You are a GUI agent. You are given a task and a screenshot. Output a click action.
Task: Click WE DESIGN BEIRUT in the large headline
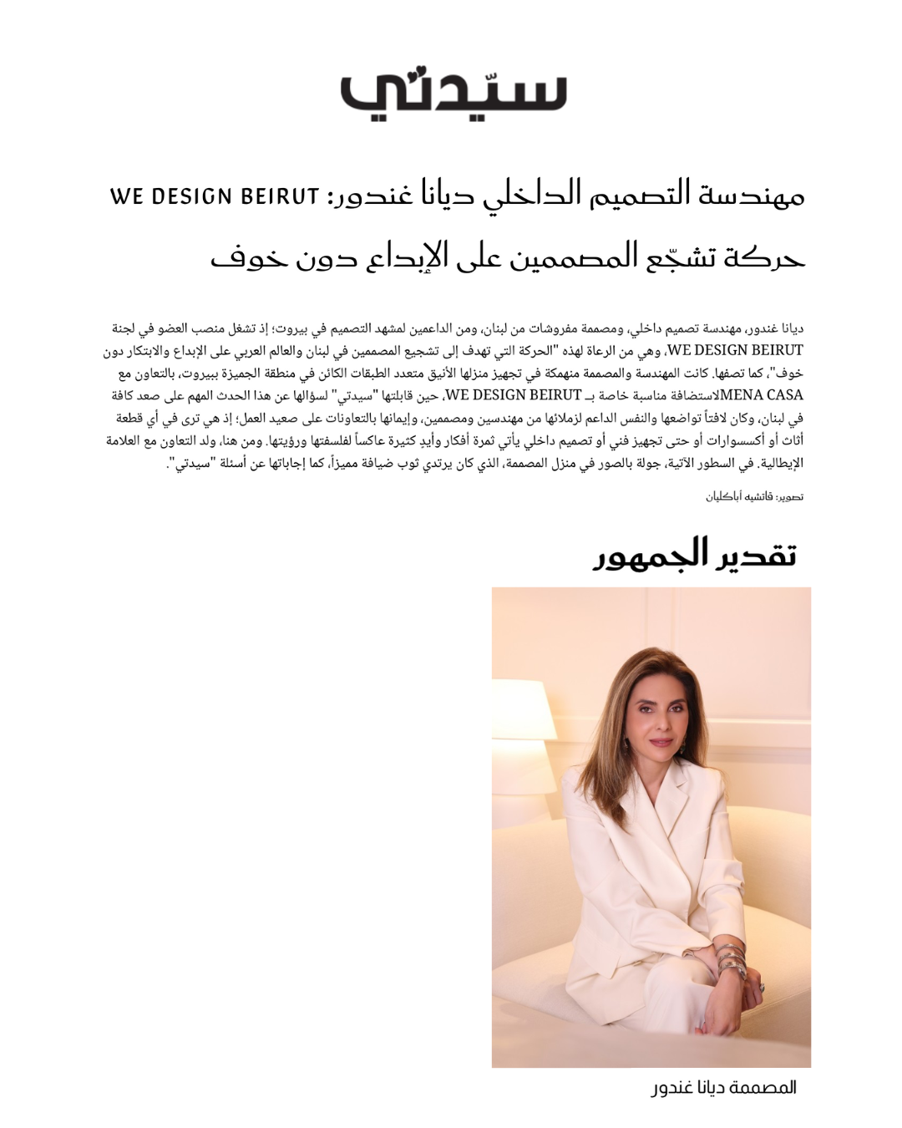coord(215,197)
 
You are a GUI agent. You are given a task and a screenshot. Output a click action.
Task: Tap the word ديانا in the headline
coord(448,194)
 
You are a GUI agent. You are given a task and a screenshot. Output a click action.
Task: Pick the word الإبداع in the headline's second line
coord(407,256)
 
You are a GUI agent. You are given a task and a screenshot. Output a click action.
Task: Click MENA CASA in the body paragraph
coord(762,395)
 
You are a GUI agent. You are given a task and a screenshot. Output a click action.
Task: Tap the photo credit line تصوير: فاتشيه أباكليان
coord(754,497)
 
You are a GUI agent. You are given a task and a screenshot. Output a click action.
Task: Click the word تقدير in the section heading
coord(756,556)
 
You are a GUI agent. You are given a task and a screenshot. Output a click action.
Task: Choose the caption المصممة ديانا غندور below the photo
coord(724,1087)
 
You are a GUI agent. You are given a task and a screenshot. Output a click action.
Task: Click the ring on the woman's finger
coord(762,988)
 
